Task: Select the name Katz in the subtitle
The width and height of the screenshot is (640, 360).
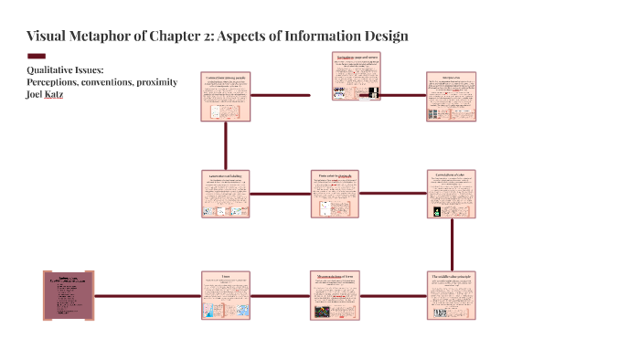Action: pos(66,94)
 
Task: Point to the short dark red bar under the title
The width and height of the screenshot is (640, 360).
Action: pos(37,56)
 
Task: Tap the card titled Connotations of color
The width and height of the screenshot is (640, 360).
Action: pos(452,194)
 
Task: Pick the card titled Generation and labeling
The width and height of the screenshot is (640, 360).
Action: pos(225,194)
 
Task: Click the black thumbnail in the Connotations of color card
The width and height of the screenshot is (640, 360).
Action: pos(437,211)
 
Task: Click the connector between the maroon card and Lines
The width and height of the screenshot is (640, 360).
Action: pos(147,295)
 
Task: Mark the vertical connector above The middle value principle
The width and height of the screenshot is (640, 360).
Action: pos(452,244)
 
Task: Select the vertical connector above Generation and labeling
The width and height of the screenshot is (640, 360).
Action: pos(225,145)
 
